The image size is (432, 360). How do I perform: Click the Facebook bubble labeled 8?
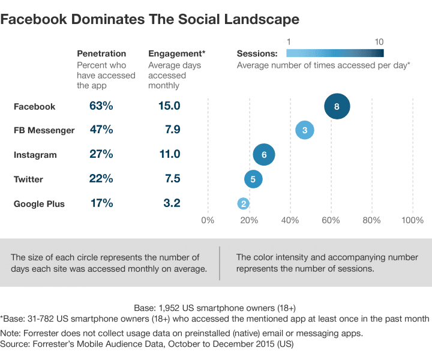click(x=337, y=106)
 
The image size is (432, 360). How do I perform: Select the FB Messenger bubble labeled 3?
click(x=305, y=130)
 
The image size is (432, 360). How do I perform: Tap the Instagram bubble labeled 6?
click(x=264, y=155)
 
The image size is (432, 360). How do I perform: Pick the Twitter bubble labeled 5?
click(x=253, y=179)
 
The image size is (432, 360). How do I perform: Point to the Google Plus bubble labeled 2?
click(x=243, y=203)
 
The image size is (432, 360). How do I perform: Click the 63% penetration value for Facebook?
click(x=101, y=106)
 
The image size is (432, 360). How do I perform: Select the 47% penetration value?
click(x=101, y=130)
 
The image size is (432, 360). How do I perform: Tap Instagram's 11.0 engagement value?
click(x=168, y=155)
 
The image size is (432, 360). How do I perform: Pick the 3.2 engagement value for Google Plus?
click(x=172, y=203)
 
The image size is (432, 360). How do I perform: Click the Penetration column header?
click(x=101, y=53)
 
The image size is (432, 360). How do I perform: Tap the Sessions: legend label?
click(x=257, y=53)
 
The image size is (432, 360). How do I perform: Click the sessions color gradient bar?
click(x=334, y=52)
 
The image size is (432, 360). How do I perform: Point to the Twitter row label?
click(x=28, y=179)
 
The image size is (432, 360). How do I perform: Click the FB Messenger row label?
click(x=44, y=131)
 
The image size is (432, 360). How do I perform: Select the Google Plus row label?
click(x=39, y=204)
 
